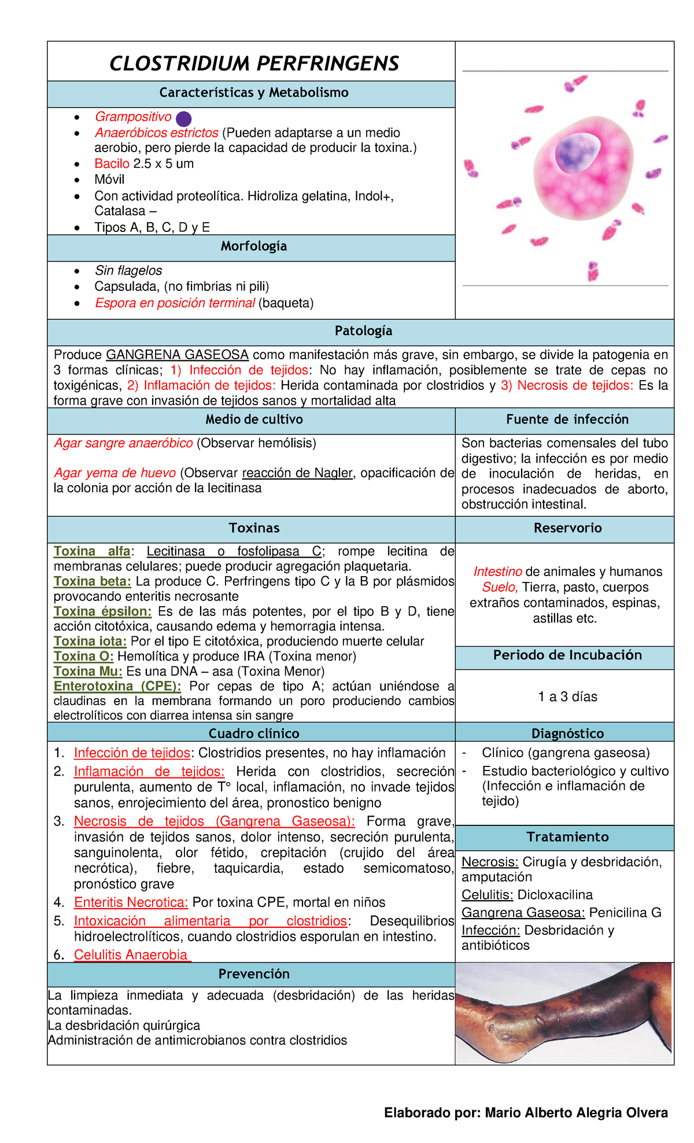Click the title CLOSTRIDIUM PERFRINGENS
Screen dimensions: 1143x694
tap(254, 63)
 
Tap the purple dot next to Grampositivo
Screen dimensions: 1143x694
tap(183, 119)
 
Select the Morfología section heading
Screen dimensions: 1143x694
tap(253, 246)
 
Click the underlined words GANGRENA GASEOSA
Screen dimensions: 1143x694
tap(178, 355)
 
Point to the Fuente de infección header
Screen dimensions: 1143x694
tap(567, 419)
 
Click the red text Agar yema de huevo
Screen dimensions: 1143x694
tap(115, 473)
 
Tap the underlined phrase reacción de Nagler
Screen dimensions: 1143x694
tap(297, 473)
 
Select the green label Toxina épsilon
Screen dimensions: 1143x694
tap(102, 611)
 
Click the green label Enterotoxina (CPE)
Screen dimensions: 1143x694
tap(117, 686)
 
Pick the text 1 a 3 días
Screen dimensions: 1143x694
tap(567, 696)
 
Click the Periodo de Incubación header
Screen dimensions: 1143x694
tap(567, 655)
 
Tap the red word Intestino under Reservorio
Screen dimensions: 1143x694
tap(497, 571)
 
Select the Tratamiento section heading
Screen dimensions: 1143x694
tap(567, 837)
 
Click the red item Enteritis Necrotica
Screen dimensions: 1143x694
tap(131, 902)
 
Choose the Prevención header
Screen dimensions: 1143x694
tap(253, 974)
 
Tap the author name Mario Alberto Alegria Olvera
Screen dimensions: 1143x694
tap(576, 1113)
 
